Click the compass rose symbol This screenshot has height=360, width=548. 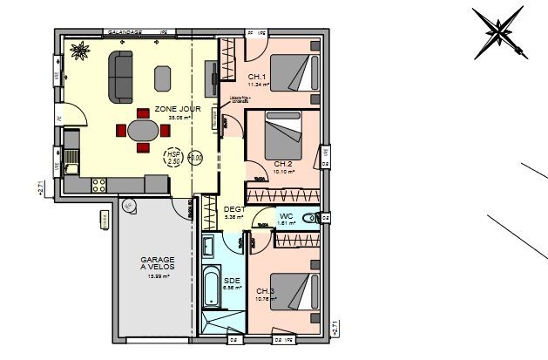point(498,33)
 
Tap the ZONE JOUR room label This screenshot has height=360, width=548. point(178,110)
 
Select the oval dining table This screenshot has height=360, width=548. point(144,131)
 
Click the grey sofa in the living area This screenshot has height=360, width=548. point(120,74)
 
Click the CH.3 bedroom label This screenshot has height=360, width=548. point(265,291)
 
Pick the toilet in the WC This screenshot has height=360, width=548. point(308,218)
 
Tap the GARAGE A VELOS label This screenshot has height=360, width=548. point(159,263)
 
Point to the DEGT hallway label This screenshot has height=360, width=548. point(234,209)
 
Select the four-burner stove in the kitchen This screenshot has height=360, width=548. point(98,182)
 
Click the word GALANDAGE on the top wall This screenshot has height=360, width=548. point(125,31)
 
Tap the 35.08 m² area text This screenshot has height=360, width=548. point(179,118)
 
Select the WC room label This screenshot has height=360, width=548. point(286,215)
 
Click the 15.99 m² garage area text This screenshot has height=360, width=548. point(158,276)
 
